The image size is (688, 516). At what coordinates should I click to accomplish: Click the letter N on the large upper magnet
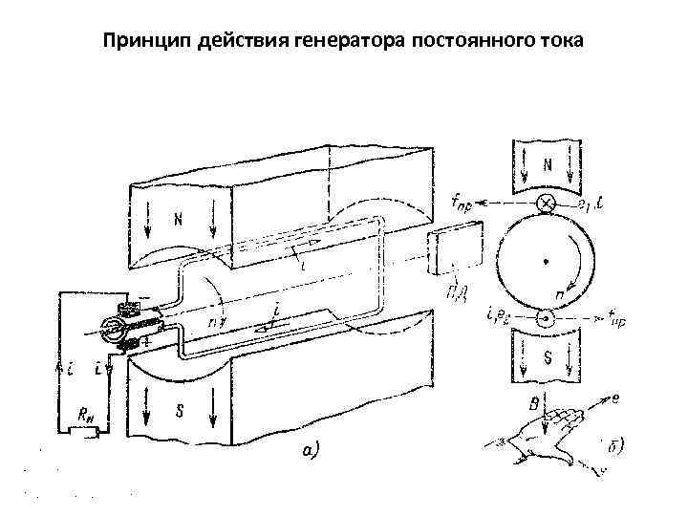pos(178,219)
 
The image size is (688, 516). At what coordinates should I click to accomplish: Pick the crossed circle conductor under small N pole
pos(548,203)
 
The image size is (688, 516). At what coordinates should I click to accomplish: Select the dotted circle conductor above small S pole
pos(546,319)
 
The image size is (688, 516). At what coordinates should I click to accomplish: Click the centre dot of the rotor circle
pos(546,261)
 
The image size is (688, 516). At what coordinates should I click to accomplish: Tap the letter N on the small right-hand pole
pos(548,164)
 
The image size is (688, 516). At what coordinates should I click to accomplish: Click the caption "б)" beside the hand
pos(614,446)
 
